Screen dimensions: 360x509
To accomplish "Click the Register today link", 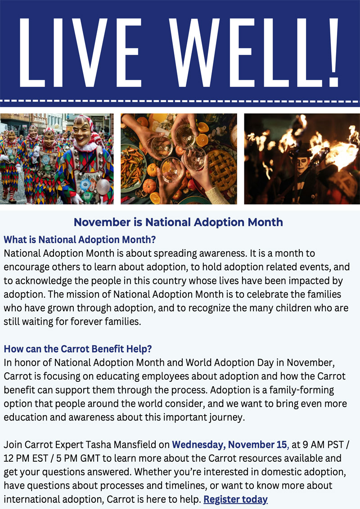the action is [x=235, y=499].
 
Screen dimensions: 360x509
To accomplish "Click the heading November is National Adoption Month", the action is [x=178, y=222].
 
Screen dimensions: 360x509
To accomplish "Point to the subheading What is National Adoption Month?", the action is [x=80, y=240].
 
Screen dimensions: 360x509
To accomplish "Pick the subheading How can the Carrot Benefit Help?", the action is [x=78, y=349].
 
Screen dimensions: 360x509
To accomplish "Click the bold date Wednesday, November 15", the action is [x=229, y=445].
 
